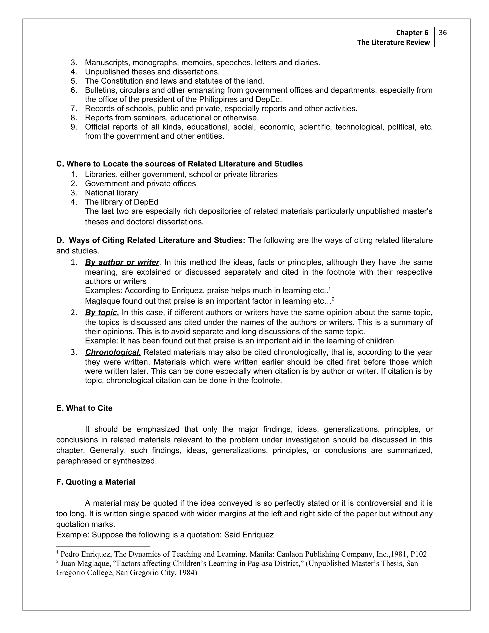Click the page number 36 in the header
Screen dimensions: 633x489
tap(443, 33)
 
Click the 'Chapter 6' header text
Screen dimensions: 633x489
tap(412, 33)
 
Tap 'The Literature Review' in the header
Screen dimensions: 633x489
tap(393, 43)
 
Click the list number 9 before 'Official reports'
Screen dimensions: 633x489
tap(73, 127)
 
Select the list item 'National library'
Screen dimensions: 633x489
tap(112, 193)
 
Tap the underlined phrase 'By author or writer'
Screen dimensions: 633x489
tap(122, 262)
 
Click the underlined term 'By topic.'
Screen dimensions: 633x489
tap(102, 312)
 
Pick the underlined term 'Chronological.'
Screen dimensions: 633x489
tap(113, 352)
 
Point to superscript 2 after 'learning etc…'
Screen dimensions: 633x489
tap(333, 299)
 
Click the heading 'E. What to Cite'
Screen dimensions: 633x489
tap(84, 408)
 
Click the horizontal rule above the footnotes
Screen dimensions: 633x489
tap(103, 547)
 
